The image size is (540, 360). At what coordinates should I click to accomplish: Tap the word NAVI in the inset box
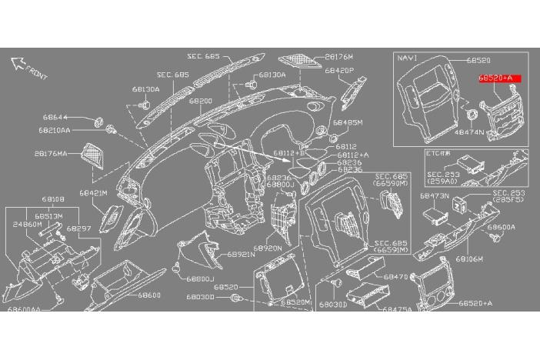coord(407,58)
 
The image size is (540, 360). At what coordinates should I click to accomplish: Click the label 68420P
coord(338,70)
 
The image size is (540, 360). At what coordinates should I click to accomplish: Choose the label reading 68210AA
coord(54,131)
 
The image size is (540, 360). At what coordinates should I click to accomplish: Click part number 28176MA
coord(51,154)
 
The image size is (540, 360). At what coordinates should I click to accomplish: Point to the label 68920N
coord(268,248)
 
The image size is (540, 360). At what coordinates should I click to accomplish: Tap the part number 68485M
coord(348,122)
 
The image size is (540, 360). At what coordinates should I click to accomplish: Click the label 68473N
coord(434,196)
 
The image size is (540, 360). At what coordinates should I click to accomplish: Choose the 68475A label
coord(397,309)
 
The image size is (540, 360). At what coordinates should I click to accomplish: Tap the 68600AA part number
coord(24,308)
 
